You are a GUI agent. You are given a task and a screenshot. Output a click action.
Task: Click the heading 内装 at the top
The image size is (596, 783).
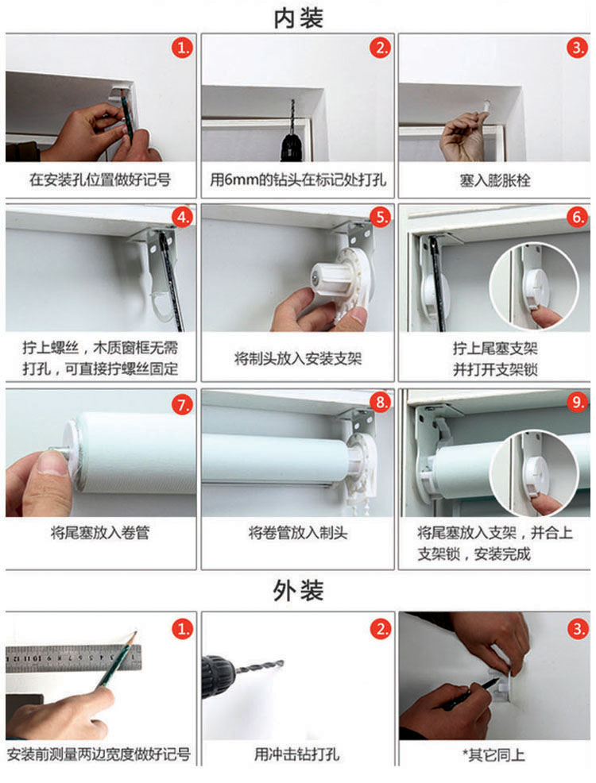[298, 17]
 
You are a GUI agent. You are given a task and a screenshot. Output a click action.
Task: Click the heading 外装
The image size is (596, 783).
[298, 591]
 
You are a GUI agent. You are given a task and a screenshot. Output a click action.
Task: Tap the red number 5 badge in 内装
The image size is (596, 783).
[380, 218]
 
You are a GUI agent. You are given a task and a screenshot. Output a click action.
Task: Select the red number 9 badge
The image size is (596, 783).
[577, 402]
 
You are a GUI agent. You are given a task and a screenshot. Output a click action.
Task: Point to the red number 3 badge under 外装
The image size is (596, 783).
[578, 629]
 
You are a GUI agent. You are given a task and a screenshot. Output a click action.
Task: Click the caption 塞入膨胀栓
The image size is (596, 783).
[494, 179]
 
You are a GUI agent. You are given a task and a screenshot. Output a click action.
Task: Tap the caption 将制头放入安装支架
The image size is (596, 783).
[298, 358]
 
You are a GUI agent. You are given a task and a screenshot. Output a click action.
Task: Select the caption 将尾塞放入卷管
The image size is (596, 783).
[100, 532]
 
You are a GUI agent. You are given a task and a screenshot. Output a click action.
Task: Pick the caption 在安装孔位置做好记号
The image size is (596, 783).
[100, 179]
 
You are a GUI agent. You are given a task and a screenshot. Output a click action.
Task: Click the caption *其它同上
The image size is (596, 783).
[493, 754]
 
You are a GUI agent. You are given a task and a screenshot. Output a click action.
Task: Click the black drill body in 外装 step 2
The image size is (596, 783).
[219, 675]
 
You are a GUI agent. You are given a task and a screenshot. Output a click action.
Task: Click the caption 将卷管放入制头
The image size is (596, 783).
[298, 532]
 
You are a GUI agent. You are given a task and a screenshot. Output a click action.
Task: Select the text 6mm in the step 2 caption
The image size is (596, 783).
[241, 179]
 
